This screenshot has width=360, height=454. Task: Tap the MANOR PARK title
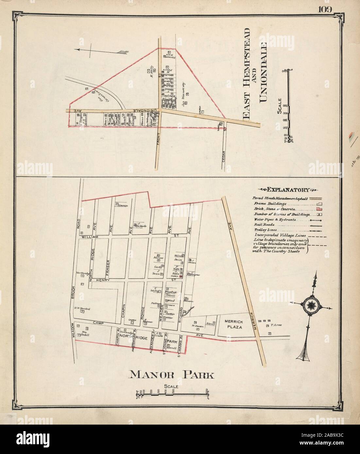click(172, 375)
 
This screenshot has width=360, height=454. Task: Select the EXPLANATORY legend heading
click(283, 189)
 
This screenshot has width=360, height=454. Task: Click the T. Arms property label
click(276, 325)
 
